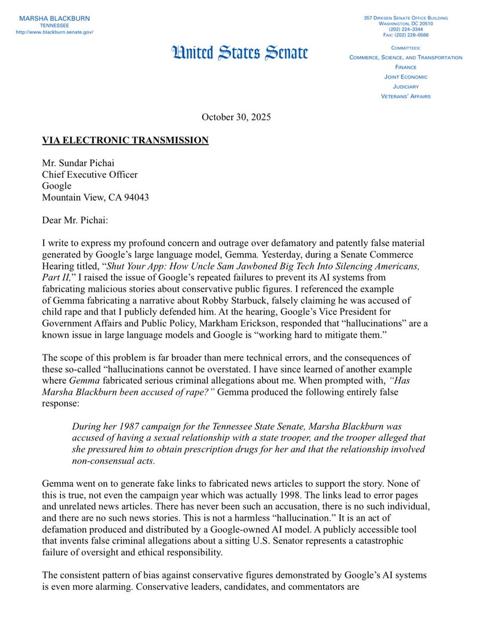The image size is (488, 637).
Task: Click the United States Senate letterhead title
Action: pyautogui.click(x=239, y=53)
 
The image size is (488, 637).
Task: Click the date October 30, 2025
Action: pyautogui.click(x=236, y=117)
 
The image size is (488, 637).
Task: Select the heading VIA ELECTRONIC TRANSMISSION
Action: pyautogui.click(x=125, y=140)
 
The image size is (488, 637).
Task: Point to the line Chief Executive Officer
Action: pyautogui.click(x=90, y=175)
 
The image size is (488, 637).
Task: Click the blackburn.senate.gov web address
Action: pyautogui.click(x=55, y=32)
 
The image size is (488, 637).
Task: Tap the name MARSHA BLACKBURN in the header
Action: pyautogui.click(x=55, y=18)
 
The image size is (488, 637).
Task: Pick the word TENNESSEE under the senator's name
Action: pyautogui.click(x=55, y=25)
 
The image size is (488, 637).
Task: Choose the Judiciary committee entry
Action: pyautogui.click(x=406, y=87)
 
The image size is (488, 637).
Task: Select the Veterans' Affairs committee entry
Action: pyautogui.click(x=406, y=96)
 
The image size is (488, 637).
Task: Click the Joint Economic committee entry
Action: pyautogui.click(x=406, y=77)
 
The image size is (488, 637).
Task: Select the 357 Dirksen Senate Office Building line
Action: pyautogui.click(x=406, y=18)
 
